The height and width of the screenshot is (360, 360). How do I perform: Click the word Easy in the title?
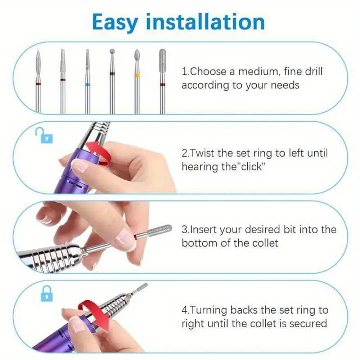point(115,22)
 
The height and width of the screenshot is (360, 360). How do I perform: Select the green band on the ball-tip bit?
point(112,74)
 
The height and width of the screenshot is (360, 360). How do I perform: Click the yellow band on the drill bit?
point(137,75)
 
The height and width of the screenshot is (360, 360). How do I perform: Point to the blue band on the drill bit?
point(87,85)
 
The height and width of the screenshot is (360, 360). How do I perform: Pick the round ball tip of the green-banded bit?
point(112,51)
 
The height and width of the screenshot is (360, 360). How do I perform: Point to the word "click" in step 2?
point(252,166)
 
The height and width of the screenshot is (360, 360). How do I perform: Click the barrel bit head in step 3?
point(160,230)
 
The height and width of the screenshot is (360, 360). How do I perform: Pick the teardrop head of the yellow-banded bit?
point(137,56)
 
